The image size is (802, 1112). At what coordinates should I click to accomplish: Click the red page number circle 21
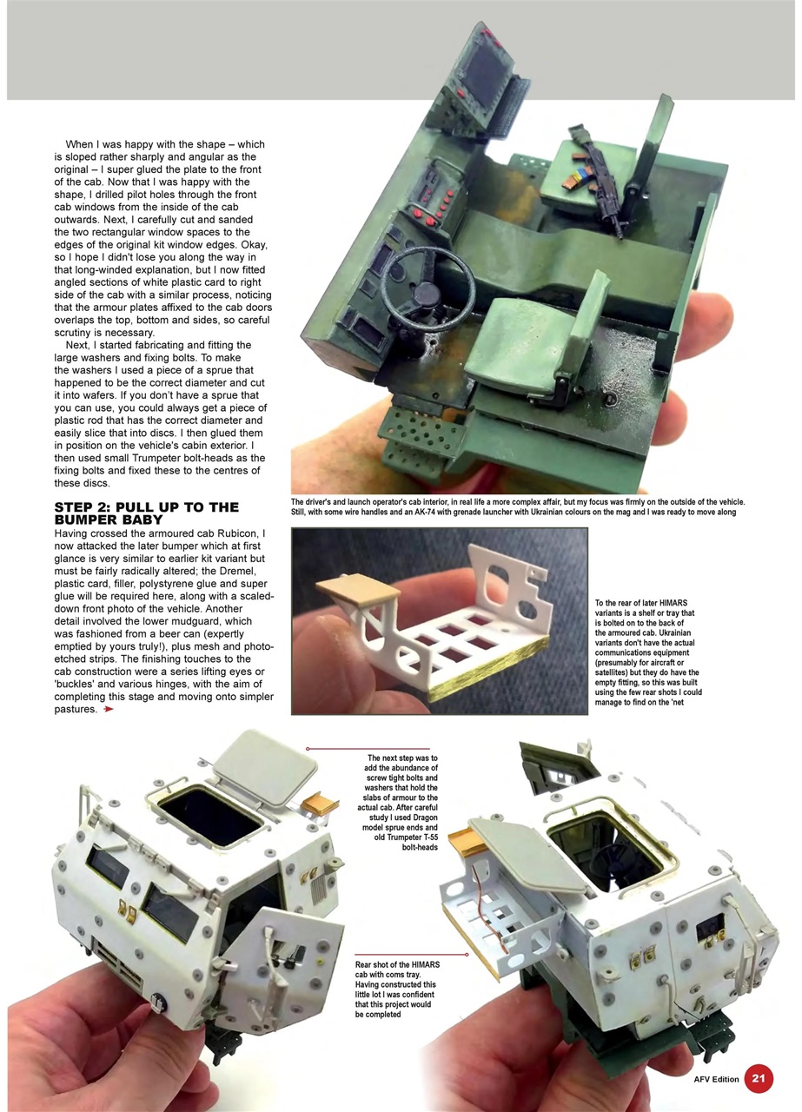[x=758, y=1079]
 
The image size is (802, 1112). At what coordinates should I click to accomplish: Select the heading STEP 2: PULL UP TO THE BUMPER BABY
[x=146, y=513]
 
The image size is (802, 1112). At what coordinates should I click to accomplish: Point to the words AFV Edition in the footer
[x=716, y=1079]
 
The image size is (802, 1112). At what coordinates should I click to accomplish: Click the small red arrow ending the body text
[x=108, y=709]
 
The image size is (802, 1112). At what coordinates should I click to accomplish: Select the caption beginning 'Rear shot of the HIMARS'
[x=397, y=990]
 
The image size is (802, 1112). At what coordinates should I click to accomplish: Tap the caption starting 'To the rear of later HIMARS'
[x=648, y=646]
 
